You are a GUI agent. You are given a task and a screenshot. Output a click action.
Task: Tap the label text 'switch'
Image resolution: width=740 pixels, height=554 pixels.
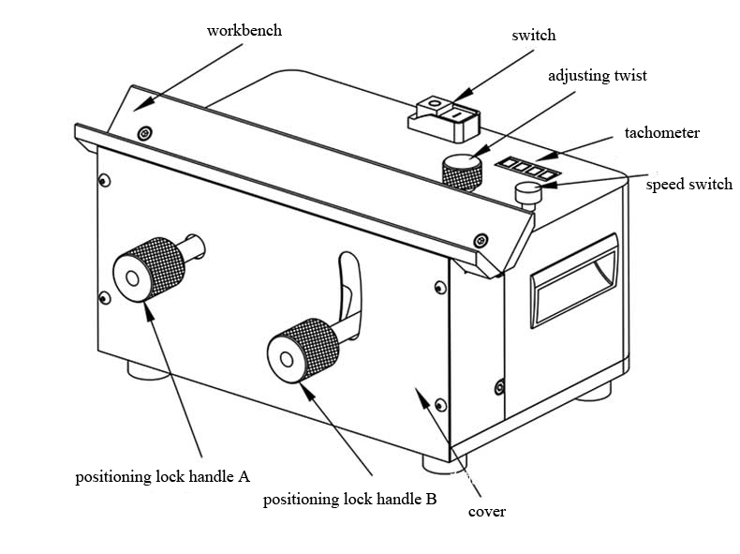pos(533,36)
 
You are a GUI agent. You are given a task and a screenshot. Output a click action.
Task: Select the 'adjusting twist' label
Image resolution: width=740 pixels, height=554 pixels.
pos(597,76)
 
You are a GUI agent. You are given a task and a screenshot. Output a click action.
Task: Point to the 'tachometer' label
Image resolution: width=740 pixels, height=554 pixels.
pos(661,133)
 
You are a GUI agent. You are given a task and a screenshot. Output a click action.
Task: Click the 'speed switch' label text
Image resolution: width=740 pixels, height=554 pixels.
pos(688,185)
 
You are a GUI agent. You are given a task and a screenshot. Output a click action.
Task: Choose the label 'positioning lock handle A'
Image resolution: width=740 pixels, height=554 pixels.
pos(162,476)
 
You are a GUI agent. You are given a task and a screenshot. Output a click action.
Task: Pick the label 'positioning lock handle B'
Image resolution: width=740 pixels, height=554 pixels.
pos(349,500)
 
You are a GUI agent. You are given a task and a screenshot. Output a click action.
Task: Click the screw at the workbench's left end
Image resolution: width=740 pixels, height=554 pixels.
pos(143,134)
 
